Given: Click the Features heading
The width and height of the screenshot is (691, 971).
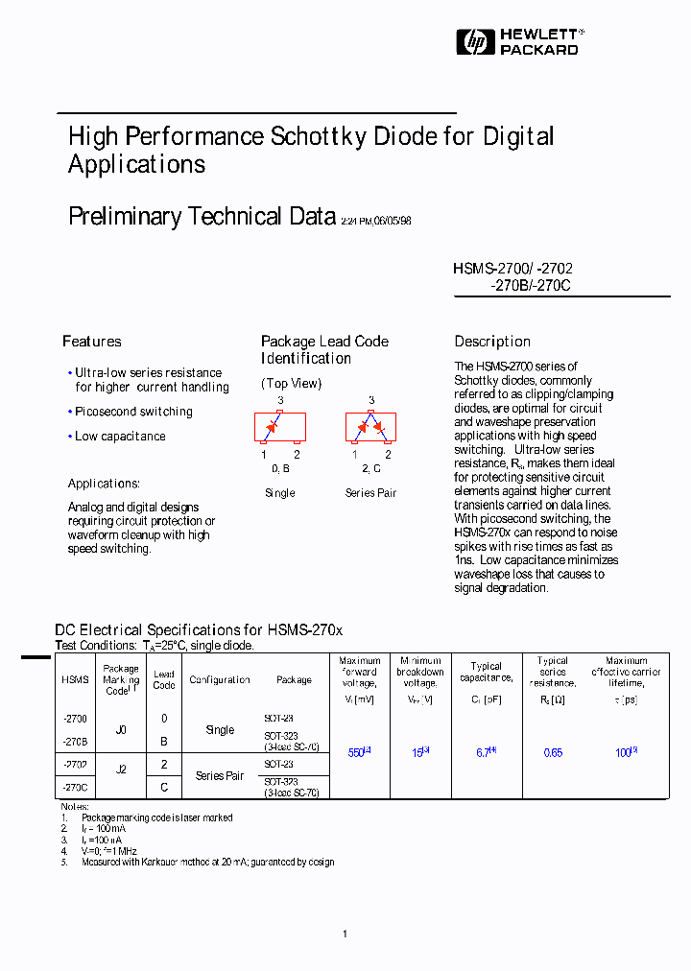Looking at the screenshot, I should pos(92,342).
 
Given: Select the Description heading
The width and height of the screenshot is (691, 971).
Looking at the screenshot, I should pos(492,342).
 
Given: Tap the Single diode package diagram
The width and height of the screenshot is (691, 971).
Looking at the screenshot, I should pos(279,427).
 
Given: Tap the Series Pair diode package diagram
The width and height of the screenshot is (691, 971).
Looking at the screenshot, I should pos(370,427).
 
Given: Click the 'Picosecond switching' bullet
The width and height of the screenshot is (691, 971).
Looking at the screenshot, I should pos(133,412).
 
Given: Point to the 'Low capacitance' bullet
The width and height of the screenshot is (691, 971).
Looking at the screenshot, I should pos(120,437).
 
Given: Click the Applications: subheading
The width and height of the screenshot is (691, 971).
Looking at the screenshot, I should pos(104,484).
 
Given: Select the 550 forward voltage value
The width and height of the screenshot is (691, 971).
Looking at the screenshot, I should pos(357,753).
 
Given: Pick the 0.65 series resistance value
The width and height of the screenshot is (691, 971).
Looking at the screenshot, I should pos(553,753).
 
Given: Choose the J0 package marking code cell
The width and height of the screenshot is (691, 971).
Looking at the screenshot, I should pos(121,730).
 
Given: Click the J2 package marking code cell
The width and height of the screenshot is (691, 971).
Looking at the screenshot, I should pos(121,770).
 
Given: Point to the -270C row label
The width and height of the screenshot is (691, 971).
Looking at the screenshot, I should pos(75,787).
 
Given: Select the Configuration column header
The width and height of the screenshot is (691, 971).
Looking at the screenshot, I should pos(220,680).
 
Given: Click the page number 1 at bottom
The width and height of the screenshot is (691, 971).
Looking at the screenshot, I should pos(345,934).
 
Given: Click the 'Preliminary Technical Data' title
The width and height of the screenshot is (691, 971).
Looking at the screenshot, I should pos(202,217).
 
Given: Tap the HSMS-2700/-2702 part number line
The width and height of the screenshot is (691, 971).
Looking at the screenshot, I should pos(512,270).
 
